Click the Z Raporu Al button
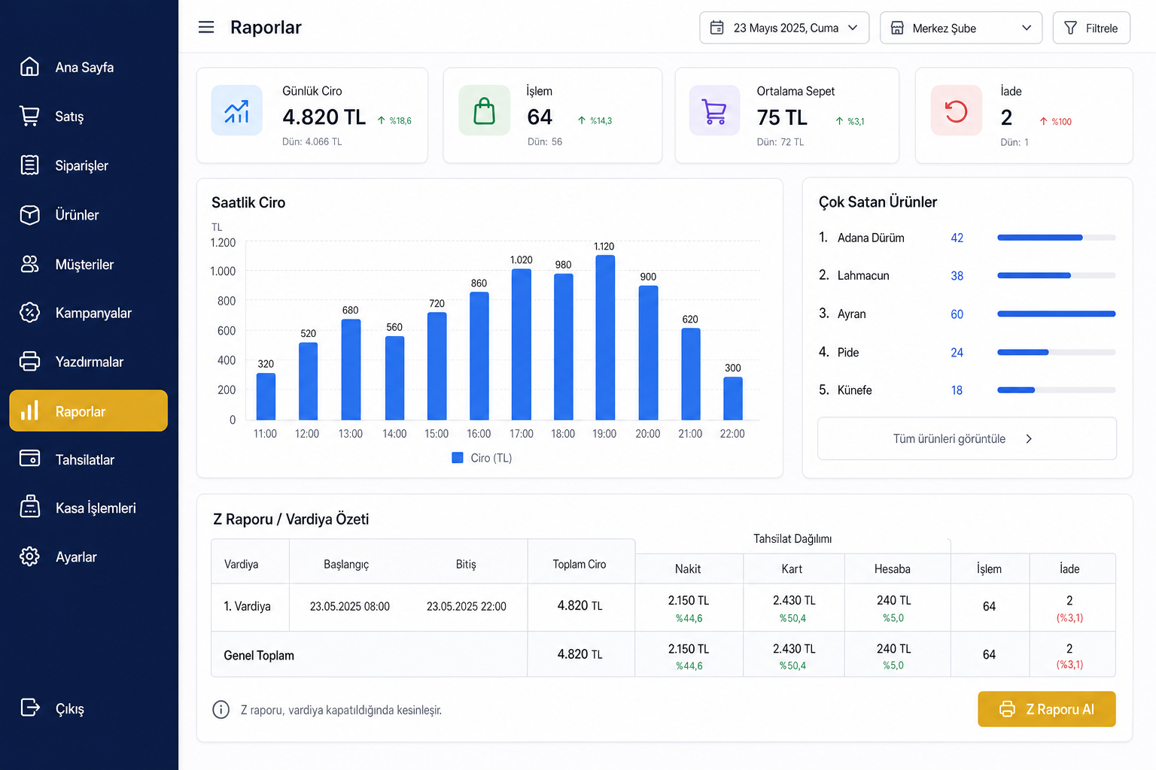[1047, 709]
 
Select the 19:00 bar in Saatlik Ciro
[605, 338]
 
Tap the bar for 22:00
[733, 398]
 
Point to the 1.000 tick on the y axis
[223, 271]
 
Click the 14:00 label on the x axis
[394, 434]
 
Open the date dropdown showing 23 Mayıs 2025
[784, 28]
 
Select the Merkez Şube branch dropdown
[961, 28]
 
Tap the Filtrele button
[1091, 28]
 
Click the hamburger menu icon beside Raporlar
[206, 27]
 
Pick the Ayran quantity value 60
[957, 314]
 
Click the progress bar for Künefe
[1057, 390]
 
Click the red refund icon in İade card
[956, 111]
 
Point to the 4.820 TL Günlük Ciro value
[324, 117]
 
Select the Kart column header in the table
[792, 569]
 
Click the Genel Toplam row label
[259, 656]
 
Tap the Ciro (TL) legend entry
[482, 458]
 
